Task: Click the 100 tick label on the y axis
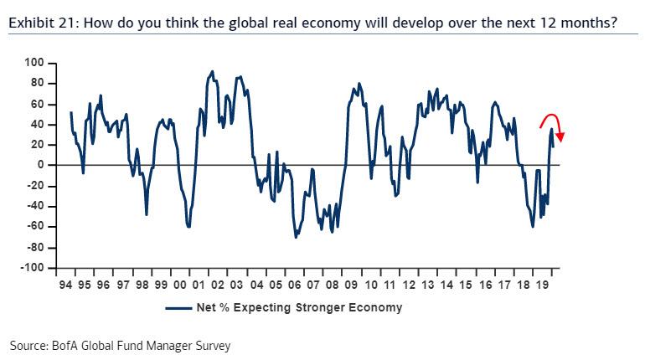pos(34,63)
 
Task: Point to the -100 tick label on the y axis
pos(33,268)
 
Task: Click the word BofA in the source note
pos(68,345)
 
